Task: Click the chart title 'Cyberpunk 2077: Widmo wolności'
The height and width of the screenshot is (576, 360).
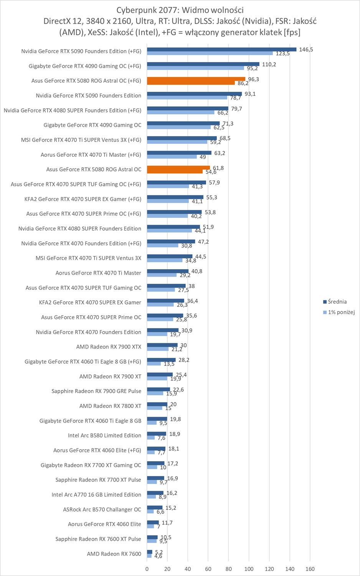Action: tap(180, 10)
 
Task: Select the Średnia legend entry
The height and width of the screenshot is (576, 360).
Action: tap(337, 302)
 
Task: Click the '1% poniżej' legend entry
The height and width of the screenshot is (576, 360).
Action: tap(341, 312)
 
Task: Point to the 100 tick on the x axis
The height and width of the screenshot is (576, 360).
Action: tap(249, 569)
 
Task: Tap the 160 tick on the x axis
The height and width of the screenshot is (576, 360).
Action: tap(310, 569)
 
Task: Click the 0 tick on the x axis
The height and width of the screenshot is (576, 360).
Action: tap(147, 569)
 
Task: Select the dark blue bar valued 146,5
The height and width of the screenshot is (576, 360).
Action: tap(221, 49)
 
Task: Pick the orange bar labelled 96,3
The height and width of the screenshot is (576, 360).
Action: tap(196, 79)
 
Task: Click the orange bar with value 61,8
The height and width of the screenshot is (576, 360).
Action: tap(178, 167)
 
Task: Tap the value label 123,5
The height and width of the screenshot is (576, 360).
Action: tap(283, 54)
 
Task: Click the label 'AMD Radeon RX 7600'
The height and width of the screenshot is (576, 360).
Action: tap(114, 554)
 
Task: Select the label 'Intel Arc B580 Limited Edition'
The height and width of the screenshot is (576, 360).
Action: tap(104, 435)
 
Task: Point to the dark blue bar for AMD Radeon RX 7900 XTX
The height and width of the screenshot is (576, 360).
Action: tap(162, 345)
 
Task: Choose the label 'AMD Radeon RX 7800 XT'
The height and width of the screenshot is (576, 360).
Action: tap(110, 406)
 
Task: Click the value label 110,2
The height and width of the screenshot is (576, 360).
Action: tap(269, 64)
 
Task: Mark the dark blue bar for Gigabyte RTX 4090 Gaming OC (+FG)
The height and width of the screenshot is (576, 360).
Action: tap(203, 64)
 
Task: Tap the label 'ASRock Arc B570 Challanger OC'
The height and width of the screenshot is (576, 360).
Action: tap(102, 510)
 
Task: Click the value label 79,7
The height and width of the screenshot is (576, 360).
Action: tap(236, 109)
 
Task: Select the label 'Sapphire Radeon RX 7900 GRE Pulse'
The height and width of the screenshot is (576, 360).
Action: tap(96, 391)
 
